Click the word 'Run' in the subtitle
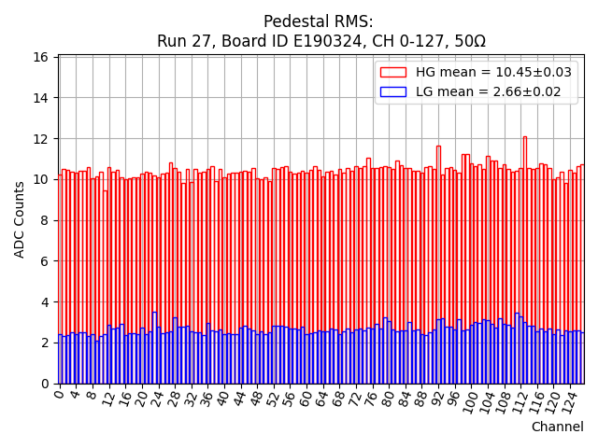click(173, 42)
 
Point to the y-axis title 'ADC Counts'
click(21, 219)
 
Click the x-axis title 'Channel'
click(557, 427)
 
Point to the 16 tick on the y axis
click(41, 57)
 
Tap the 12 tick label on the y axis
click(41, 138)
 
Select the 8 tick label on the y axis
click(45, 220)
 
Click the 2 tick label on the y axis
click(45, 343)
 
